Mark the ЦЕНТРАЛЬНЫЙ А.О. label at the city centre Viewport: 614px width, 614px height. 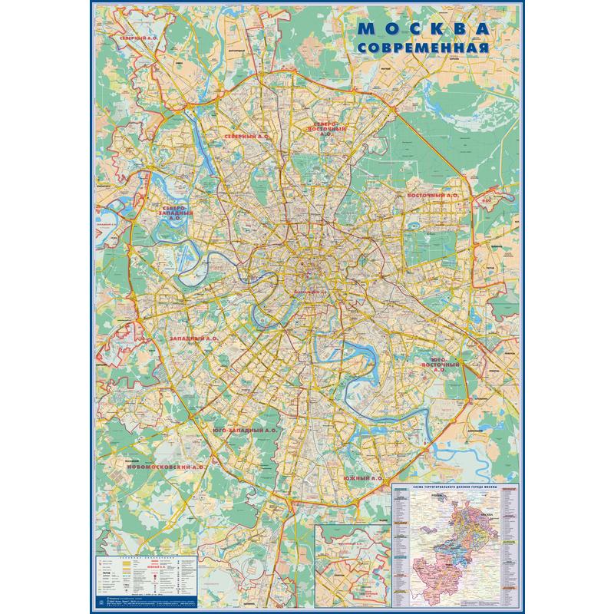click(x=312, y=292)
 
